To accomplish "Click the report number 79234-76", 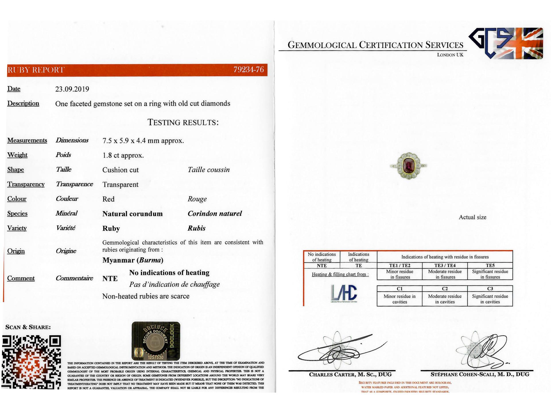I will pos(248,70).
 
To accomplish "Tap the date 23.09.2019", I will pos(72,89).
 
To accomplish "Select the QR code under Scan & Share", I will pos(31,362).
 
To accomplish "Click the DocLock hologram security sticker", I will pos(156,341).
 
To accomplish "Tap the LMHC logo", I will pos(344,293).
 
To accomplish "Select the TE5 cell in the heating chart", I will pos(490,265).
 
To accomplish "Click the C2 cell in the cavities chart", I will pos(445,289).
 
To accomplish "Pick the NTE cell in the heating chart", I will pos(322,266).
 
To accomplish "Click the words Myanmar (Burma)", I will pos(133,260).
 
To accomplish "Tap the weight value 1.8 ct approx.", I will pos(123,155).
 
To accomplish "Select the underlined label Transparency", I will pos(26,184).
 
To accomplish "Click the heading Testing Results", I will pos(183,122).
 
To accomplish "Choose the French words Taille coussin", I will pos(209,170).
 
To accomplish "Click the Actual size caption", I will pos(472,217).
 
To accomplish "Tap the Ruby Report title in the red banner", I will pos(36,70).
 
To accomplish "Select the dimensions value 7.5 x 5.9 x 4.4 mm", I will pos(143,141).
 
